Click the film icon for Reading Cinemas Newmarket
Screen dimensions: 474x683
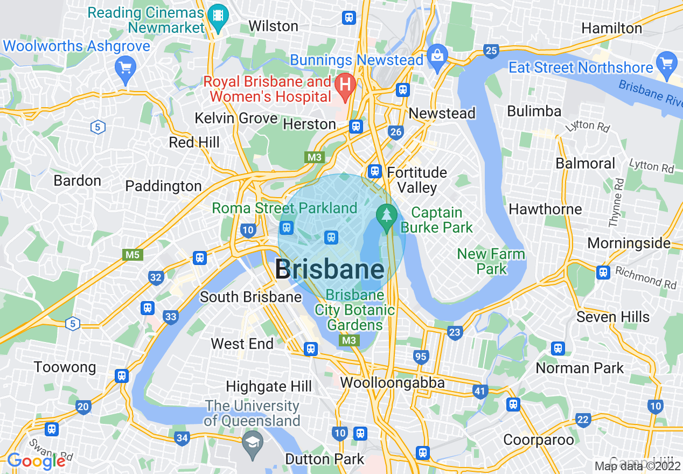click(218, 18)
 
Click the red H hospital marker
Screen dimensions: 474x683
click(345, 85)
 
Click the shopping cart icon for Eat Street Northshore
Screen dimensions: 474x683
click(667, 63)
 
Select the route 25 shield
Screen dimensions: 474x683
click(491, 51)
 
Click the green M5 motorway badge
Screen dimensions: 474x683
click(133, 255)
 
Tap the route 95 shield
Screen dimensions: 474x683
click(421, 356)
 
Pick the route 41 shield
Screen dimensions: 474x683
click(480, 391)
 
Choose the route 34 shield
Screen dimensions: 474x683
click(182, 438)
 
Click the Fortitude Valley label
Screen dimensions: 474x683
click(417, 180)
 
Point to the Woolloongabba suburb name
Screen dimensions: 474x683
click(392, 383)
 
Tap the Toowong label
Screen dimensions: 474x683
click(65, 367)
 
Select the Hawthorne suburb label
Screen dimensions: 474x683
click(545, 209)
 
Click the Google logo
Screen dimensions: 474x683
click(36, 461)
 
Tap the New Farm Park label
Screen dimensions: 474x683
click(491, 261)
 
